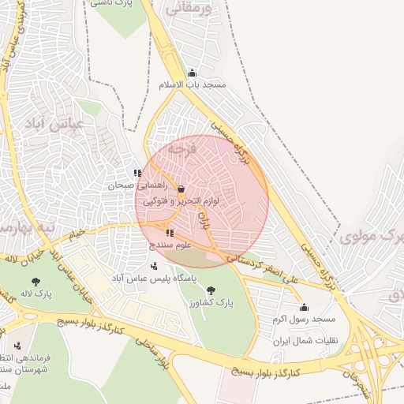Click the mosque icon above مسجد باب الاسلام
192,73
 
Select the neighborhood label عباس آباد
51,125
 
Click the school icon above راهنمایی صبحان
137,174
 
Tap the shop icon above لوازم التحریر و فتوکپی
182,189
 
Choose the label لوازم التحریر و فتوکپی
181,201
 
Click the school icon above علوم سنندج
170,233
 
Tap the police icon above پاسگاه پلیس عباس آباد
153,266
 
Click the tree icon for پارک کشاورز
211,290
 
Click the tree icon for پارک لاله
36,281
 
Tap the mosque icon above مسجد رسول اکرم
304,307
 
